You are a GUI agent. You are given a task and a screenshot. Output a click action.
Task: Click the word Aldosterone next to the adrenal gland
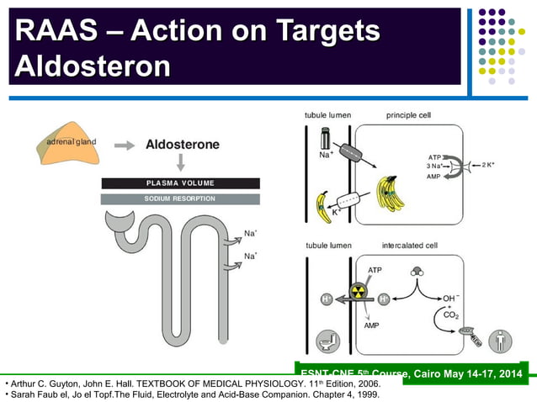click(182, 145)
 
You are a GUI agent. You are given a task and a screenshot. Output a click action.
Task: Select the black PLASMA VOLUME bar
click(180, 182)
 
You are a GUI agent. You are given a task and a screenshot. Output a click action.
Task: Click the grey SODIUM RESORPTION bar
click(180, 198)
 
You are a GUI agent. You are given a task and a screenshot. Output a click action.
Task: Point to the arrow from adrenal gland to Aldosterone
click(125, 145)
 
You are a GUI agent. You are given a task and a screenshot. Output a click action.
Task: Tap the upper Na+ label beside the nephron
click(250, 233)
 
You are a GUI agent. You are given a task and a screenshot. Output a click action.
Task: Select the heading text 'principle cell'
click(410, 114)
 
